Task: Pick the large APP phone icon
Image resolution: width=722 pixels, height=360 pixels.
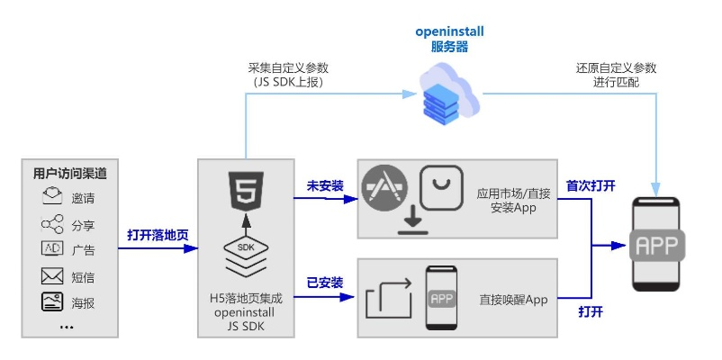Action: point(657,244)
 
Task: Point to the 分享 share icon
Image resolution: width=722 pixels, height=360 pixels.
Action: point(52,224)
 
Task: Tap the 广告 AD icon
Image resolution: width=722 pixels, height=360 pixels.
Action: point(52,249)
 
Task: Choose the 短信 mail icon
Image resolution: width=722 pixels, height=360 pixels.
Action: point(52,276)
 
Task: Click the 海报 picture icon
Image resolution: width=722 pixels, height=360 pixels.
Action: point(52,302)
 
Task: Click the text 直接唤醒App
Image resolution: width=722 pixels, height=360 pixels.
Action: point(514,300)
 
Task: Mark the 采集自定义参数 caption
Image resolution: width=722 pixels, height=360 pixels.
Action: point(288,68)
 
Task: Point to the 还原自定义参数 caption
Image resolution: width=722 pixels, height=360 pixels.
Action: point(617,68)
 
